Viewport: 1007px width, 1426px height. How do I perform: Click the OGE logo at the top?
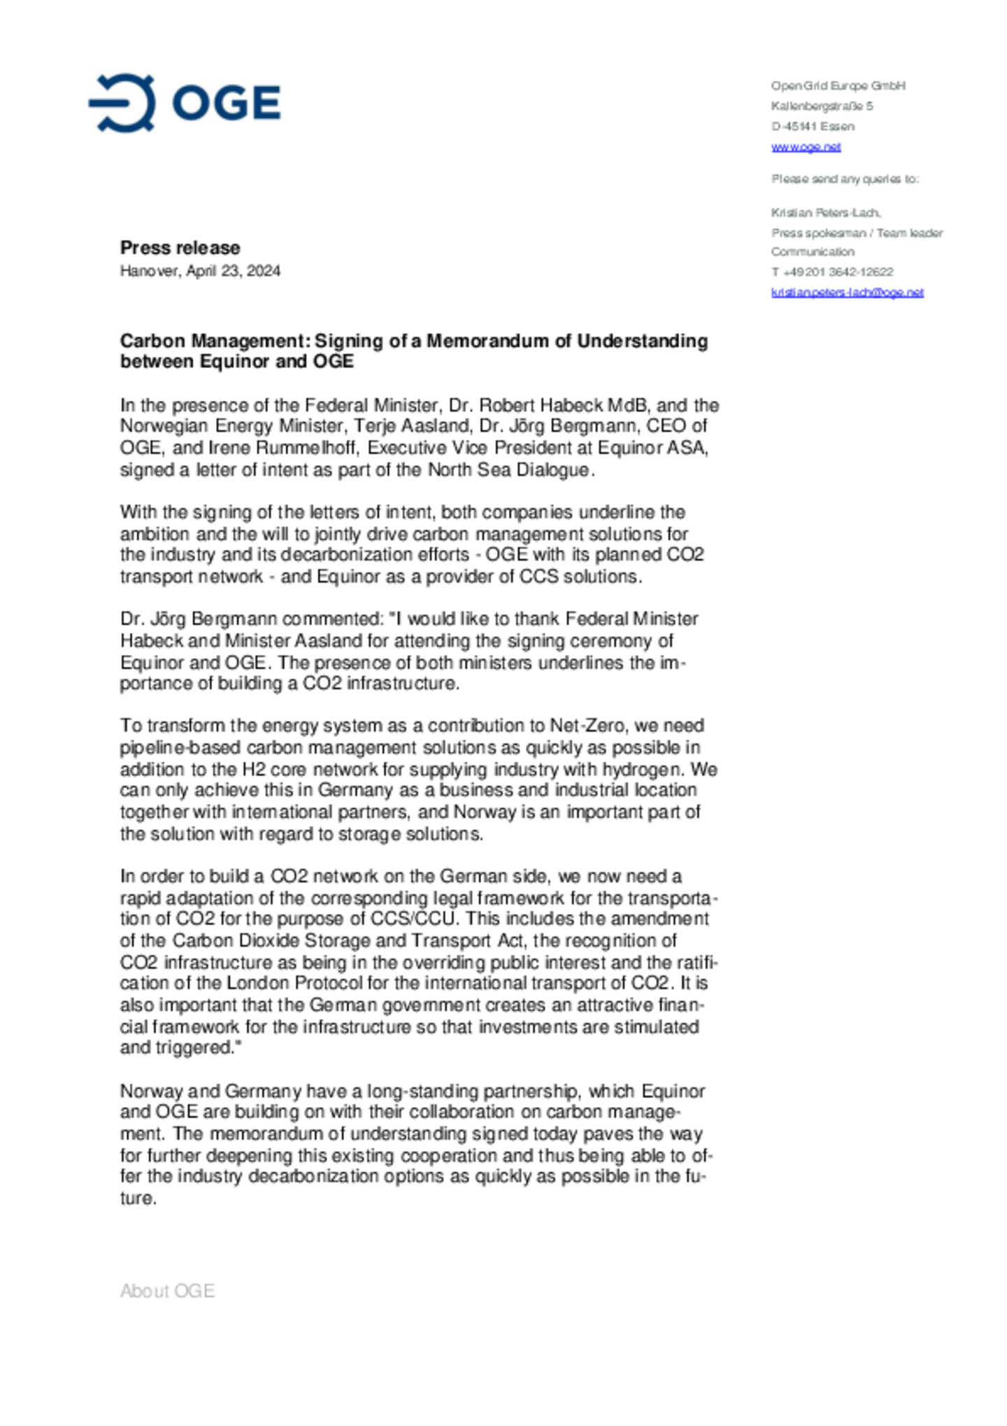185,103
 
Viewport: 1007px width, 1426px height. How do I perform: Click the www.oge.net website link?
806,147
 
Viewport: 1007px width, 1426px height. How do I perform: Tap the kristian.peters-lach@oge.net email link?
847,292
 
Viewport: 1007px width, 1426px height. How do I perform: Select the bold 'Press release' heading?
180,248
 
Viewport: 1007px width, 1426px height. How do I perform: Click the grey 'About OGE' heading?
167,1291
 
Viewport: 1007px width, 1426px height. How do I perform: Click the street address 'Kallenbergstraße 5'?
822,106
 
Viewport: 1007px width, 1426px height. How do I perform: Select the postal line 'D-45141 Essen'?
813,127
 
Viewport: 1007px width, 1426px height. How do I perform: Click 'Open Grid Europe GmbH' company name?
838,86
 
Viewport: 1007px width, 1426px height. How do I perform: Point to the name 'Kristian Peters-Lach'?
825,213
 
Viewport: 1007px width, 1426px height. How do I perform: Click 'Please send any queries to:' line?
845,179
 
